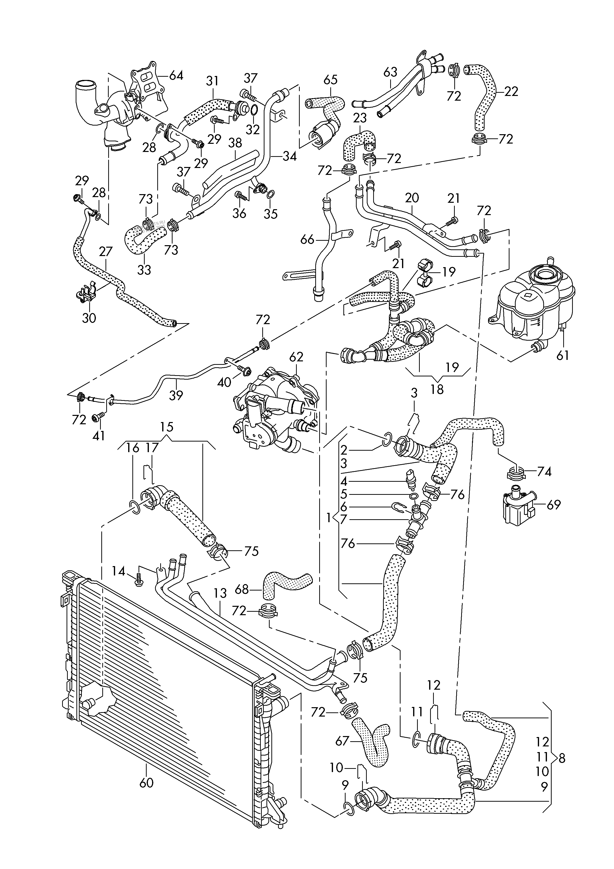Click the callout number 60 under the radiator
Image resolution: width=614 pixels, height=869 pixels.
146,782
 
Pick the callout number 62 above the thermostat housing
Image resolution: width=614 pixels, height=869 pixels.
297,357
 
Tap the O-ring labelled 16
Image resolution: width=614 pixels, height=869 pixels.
135,508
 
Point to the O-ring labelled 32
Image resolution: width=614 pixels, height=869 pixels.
254,110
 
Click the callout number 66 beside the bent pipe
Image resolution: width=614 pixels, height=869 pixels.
307,239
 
